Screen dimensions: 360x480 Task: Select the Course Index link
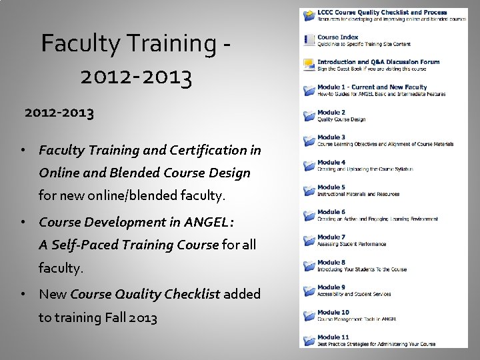(x=337, y=37)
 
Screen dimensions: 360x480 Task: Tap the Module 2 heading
(x=331, y=113)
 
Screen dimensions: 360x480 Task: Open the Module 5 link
(x=331, y=187)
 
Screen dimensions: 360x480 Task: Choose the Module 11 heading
(x=333, y=337)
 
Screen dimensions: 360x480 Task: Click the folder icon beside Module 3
(x=309, y=141)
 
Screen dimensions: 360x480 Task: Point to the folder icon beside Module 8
(x=309, y=266)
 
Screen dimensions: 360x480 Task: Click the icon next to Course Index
(x=309, y=41)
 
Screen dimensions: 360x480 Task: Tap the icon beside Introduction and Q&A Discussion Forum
(x=309, y=65)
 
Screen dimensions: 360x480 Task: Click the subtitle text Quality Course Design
(x=341, y=120)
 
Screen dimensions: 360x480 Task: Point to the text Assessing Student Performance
(x=351, y=245)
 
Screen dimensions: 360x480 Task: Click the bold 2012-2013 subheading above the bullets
(x=59, y=113)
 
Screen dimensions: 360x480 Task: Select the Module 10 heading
(x=333, y=312)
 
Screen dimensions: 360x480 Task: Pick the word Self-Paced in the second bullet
(x=82, y=245)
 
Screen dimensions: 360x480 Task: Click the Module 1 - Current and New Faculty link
(x=372, y=87)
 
